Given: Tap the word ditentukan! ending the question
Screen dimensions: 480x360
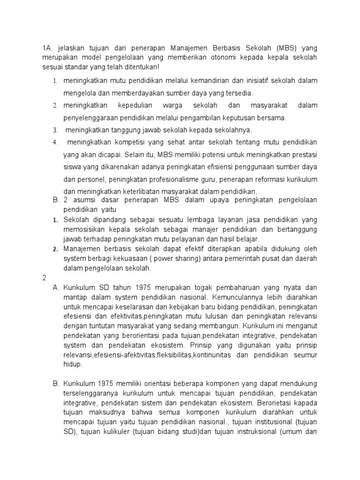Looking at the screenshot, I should tap(147, 67).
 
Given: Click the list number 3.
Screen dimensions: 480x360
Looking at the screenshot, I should tap(55, 130).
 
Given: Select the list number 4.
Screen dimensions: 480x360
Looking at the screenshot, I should tap(55, 142).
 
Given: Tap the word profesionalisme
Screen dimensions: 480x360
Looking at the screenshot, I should tap(184, 179).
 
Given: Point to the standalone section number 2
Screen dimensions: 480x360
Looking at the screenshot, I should tap(44, 277).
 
